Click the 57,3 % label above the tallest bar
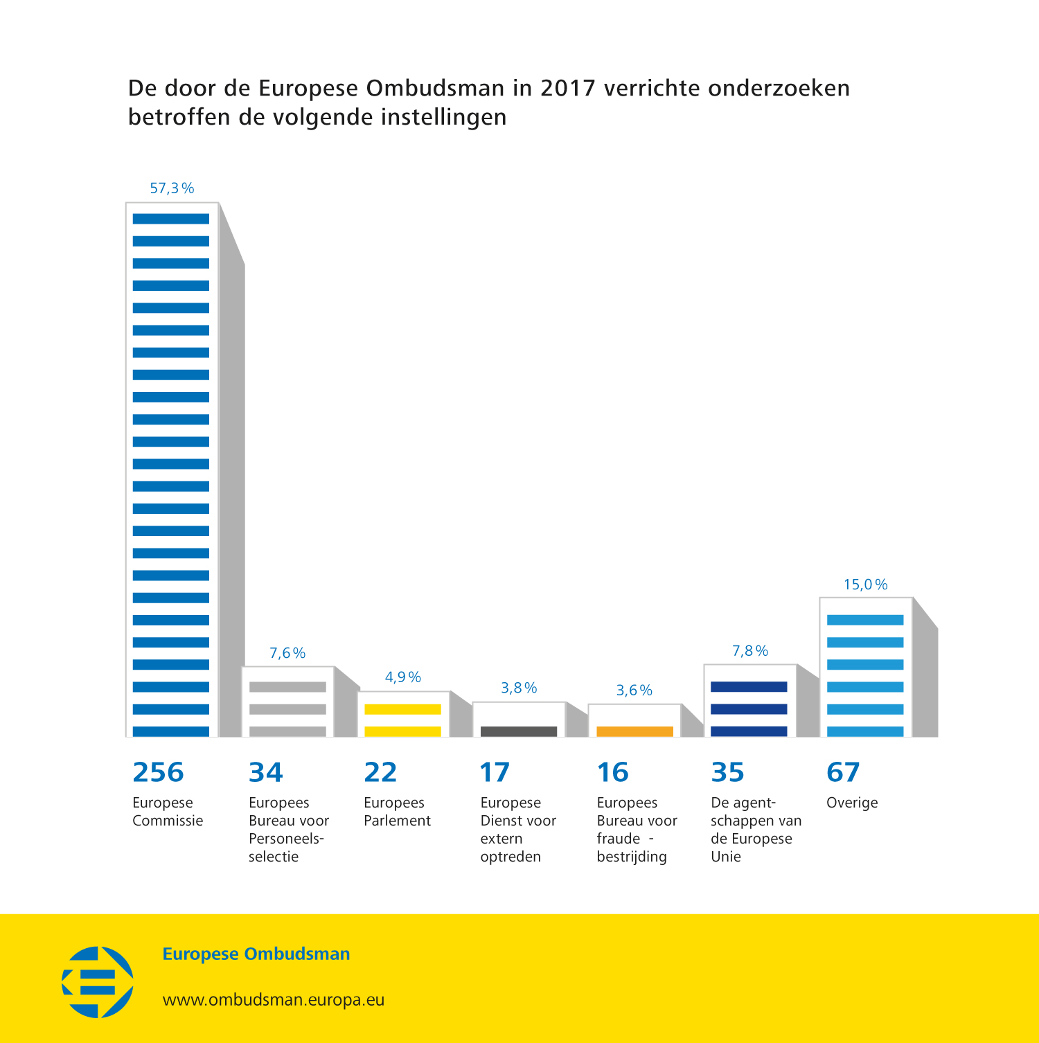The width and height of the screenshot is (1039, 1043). point(172,188)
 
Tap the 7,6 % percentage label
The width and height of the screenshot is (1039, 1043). point(287,653)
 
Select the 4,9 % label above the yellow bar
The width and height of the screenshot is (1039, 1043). point(402,677)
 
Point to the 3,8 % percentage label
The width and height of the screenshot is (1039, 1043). point(519,688)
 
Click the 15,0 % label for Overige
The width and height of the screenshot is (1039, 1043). point(865,585)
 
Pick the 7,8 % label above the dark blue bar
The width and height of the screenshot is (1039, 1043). point(750,651)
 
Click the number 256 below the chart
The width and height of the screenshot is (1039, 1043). point(158,772)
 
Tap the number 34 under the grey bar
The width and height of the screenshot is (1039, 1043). point(266,772)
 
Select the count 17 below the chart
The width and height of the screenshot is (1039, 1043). point(495,772)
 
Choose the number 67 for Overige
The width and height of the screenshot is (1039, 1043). point(843,772)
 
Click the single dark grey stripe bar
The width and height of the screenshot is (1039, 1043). point(519,731)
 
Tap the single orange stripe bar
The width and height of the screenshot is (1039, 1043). point(634,731)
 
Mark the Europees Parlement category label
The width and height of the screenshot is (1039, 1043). point(397,812)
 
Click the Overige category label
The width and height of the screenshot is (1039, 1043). point(852,803)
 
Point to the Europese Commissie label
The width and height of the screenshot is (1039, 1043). point(168,812)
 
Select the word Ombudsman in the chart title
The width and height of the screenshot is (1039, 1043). point(435,89)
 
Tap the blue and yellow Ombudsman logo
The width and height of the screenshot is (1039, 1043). point(98,982)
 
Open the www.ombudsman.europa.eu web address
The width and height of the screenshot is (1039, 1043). point(274,1000)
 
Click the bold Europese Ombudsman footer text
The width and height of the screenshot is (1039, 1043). point(256,954)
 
